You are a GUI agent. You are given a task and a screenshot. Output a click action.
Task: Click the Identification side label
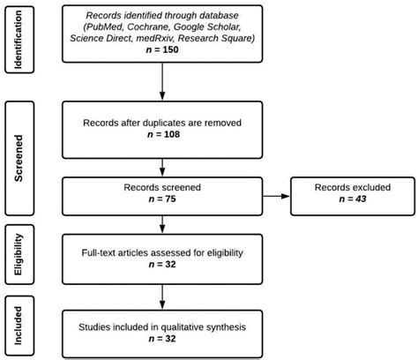[19, 38]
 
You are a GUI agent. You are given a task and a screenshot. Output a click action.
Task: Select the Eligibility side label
[19, 255]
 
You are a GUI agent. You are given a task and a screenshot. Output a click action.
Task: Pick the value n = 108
[162, 140]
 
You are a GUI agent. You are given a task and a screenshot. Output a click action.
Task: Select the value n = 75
[162, 199]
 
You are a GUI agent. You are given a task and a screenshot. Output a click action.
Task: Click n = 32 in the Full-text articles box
[162, 266]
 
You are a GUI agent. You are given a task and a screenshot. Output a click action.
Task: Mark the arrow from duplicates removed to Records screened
[162, 165]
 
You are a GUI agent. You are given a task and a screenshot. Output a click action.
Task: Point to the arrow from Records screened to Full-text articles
[162, 224]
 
